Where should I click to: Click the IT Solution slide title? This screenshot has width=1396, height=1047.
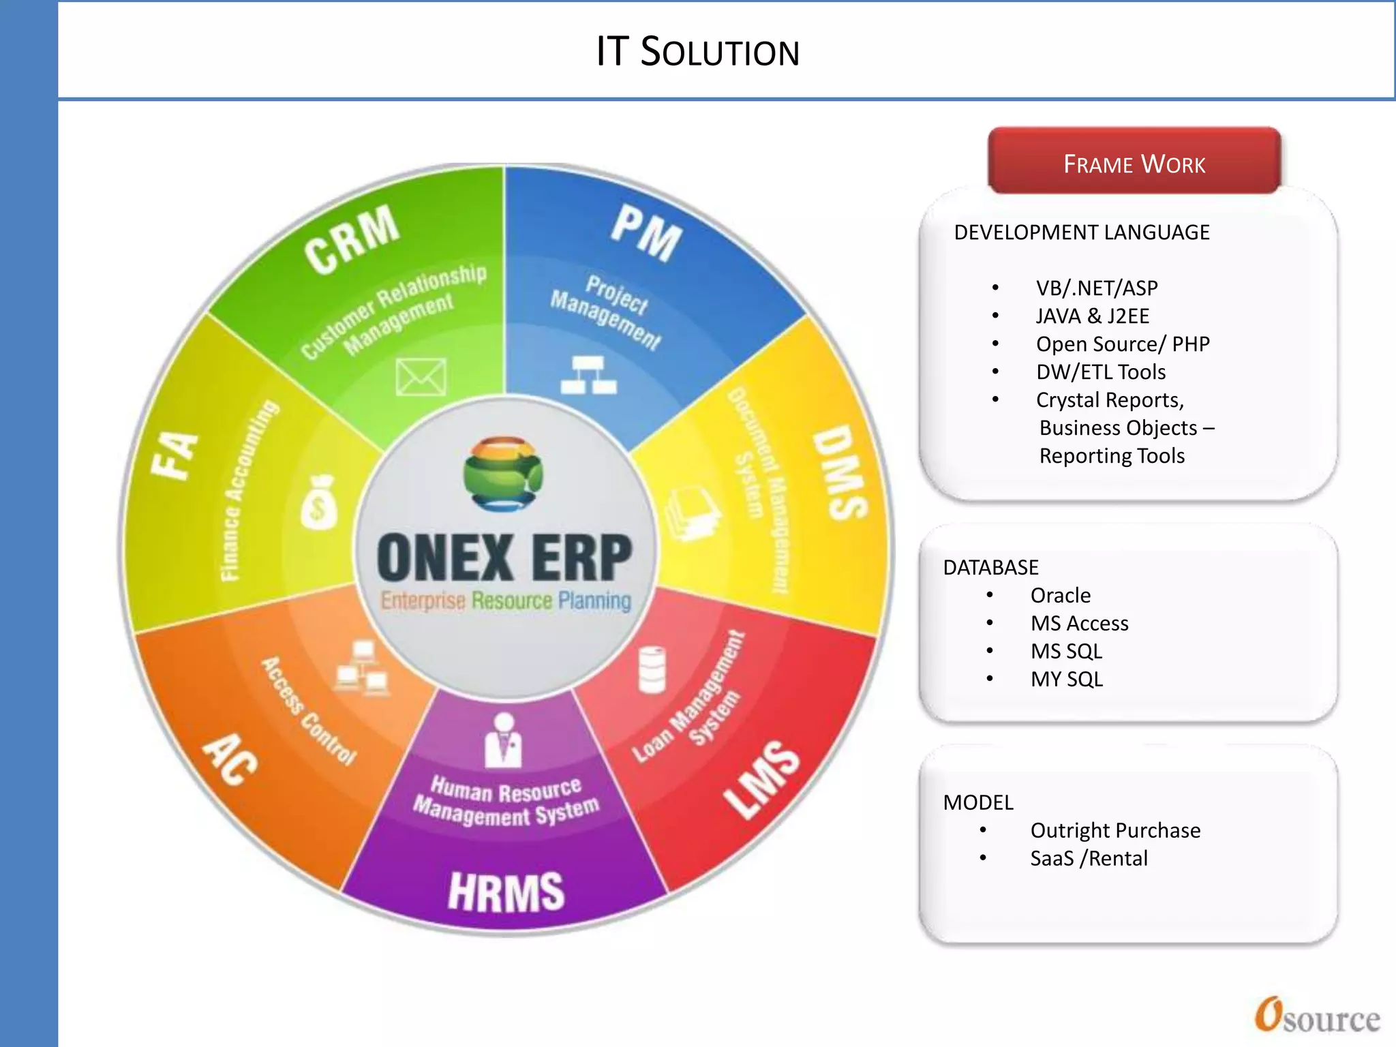[x=697, y=52]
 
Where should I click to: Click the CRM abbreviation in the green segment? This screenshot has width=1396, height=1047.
[x=352, y=238]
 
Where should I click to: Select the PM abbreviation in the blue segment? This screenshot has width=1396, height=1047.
[x=646, y=234]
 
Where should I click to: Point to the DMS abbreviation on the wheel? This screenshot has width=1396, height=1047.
[x=840, y=472]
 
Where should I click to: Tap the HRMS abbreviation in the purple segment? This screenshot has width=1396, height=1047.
[x=506, y=892]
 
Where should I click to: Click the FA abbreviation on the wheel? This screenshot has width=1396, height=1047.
[x=174, y=455]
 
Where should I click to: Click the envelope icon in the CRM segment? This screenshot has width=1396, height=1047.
[x=421, y=377]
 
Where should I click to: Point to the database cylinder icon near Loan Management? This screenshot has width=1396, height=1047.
[x=652, y=670]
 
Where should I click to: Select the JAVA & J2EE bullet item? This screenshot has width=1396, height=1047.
[x=1092, y=316]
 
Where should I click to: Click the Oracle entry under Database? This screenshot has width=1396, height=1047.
[x=1060, y=596]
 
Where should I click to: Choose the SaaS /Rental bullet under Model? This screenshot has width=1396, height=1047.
[x=1089, y=858]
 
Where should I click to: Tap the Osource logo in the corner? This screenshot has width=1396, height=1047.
[x=1317, y=1016]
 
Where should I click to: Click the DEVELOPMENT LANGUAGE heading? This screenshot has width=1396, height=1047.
[x=1082, y=232]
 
